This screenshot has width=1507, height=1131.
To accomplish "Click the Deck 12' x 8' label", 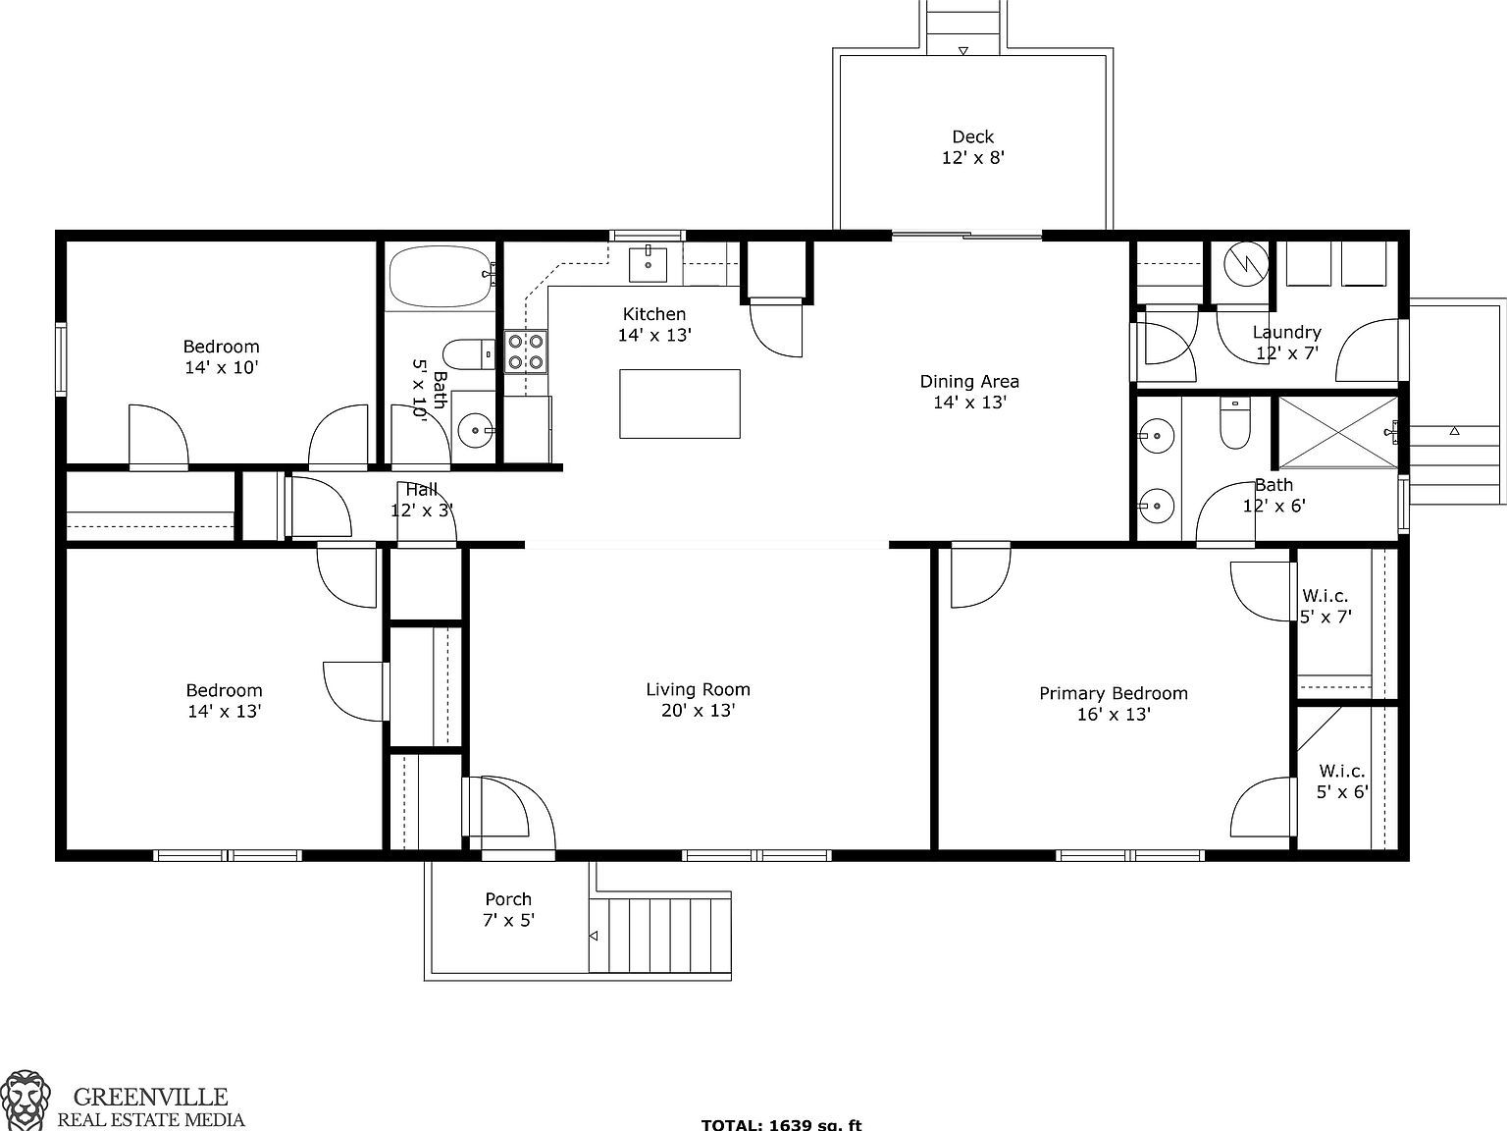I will point(972,147).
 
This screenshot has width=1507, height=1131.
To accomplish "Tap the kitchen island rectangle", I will point(679,404).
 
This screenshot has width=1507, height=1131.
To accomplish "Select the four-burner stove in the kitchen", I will point(526,352).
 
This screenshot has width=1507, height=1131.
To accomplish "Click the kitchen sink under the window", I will point(648,264).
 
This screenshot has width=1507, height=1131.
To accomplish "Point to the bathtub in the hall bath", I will point(441,277).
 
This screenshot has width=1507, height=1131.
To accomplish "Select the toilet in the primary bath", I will point(1232,423).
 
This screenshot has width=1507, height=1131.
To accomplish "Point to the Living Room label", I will point(698,700).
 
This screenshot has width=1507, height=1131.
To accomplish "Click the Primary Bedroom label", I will point(1113,704).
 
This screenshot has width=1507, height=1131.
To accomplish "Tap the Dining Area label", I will point(968,392).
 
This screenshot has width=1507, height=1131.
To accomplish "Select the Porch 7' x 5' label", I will point(508,909).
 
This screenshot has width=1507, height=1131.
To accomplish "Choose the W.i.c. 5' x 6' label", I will point(1341,781).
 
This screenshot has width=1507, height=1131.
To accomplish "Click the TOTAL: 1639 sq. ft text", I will point(781,1124).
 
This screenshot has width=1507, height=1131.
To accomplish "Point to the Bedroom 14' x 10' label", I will point(222,356).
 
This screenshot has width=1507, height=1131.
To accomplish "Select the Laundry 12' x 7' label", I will point(1286,343).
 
